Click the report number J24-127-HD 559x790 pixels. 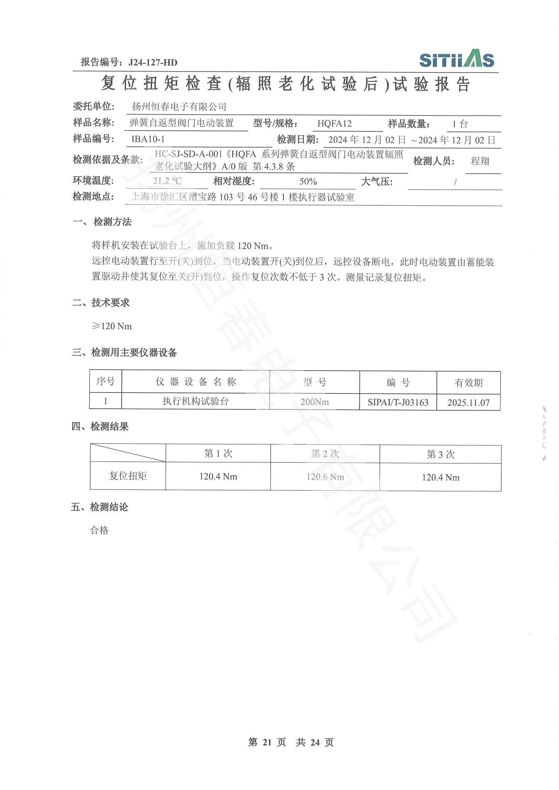pos(153,62)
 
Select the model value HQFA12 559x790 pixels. pos(334,124)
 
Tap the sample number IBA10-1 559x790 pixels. pos(148,139)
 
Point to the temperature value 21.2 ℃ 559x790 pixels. pos(167,181)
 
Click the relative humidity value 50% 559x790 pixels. pos(308,181)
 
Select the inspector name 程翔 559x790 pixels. pos(480,161)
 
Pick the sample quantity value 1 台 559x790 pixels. pos(460,124)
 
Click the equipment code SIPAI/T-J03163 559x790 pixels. pos(398,402)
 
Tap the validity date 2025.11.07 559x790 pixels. pos(468,403)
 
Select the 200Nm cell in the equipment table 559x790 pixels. pos(314,402)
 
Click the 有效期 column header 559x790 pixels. pos(468,383)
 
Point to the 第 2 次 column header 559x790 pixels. pos(325,454)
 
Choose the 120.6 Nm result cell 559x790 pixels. pos(325,477)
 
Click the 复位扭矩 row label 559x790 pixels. pos(128,476)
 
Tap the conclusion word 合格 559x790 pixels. pos(99,530)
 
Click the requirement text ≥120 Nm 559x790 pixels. pos(112,326)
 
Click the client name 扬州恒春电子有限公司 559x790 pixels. pos(179,107)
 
